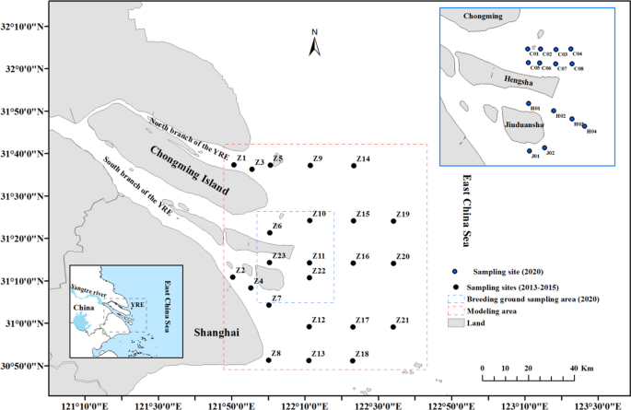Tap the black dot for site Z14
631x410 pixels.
[x=354, y=166]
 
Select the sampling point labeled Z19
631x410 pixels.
[x=393, y=221]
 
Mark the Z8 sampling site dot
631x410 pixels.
[x=268, y=360]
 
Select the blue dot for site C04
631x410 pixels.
[x=571, y=49]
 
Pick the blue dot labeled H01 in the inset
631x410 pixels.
[x=528, y=104]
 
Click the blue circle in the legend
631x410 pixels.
[x=455, y=273]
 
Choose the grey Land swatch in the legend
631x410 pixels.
[x=456, y=323]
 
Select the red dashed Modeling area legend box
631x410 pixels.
[x=456, y=311]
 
